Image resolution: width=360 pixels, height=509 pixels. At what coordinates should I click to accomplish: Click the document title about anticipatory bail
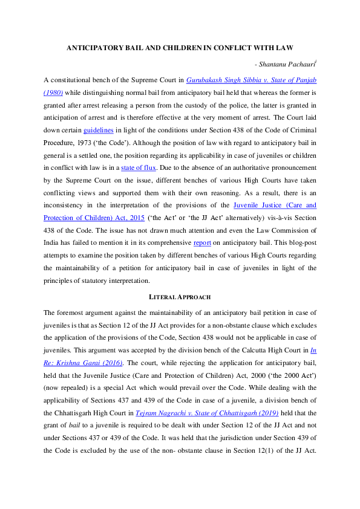tap(180, 48)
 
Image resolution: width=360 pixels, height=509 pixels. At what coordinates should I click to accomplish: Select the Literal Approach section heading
tap(180, 297)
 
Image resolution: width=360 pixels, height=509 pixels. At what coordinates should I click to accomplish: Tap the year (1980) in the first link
tap(53, 92)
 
